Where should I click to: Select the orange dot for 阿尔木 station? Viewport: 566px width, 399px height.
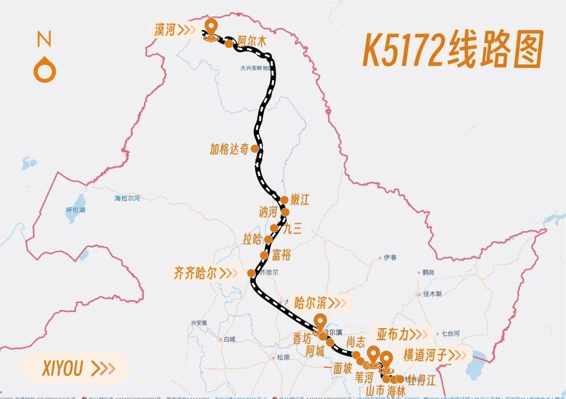coord(229,44)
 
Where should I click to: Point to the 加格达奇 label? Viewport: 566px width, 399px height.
coord(229,149)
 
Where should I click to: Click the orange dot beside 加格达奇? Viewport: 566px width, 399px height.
coord(255,148)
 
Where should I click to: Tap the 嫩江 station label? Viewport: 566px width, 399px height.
coord(300,200)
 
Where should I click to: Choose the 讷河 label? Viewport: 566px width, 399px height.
coord(268,212)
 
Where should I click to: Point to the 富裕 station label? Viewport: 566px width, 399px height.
coord(281,255)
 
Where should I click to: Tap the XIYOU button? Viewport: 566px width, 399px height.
coord(76,368)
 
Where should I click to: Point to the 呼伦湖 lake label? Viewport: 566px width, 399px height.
coord(75,210)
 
